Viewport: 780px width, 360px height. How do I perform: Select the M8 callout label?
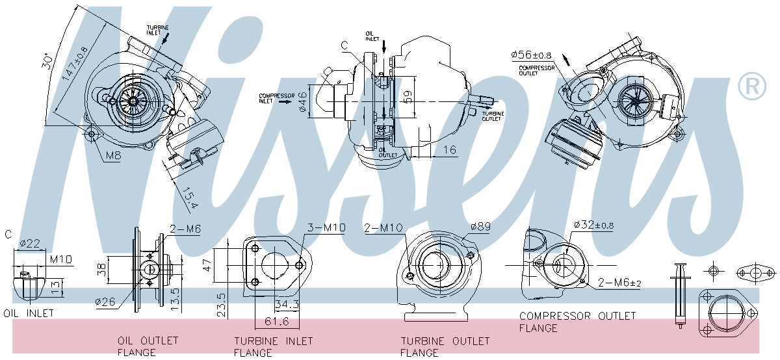coord(113,156)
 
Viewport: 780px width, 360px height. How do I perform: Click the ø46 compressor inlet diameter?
coord(303,101)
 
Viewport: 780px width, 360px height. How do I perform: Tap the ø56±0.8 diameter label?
coord(532,55)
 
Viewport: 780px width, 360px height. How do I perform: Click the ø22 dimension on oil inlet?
coord(30,244)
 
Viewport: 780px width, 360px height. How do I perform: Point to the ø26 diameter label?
coord(105,301)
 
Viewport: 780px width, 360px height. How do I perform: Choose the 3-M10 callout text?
coord(326,227)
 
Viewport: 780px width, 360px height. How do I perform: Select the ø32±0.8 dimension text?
coord(593,225)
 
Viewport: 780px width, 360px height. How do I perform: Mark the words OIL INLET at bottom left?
coord(29,313)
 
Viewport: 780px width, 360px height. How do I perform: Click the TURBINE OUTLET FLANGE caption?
coord(445,346)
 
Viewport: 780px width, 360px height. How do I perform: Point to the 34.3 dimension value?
coord(287,303)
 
